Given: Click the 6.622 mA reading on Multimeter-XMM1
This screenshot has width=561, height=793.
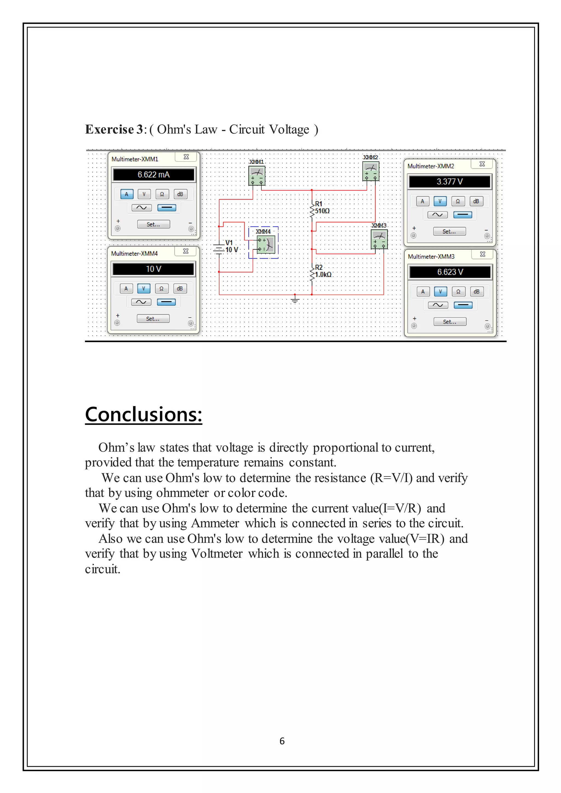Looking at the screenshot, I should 153,175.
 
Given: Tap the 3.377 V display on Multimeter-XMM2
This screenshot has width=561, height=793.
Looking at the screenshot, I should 450,182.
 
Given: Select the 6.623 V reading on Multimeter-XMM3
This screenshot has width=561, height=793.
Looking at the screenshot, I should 450,272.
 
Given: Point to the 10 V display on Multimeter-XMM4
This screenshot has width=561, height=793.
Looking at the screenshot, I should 153,269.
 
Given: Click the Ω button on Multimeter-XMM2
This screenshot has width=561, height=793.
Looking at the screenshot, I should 458,201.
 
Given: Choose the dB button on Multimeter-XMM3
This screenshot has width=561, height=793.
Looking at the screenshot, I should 476,292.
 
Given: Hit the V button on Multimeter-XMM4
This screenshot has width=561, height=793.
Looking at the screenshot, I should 144,288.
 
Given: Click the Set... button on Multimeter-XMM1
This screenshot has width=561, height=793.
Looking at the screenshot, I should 153,225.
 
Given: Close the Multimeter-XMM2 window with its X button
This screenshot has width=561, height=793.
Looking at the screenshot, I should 482,164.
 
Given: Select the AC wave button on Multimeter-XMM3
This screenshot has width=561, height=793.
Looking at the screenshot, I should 438,305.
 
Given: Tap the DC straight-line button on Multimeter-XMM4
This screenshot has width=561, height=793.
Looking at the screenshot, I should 166,302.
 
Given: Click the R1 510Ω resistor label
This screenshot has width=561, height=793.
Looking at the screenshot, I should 321,208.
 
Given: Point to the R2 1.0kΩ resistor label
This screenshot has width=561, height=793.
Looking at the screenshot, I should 323,271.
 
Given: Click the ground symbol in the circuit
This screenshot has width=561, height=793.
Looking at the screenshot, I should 295,299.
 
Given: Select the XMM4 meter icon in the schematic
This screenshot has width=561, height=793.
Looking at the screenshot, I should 266,244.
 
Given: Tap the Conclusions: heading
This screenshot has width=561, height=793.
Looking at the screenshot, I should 143,415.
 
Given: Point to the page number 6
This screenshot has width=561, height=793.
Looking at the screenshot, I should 282,741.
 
